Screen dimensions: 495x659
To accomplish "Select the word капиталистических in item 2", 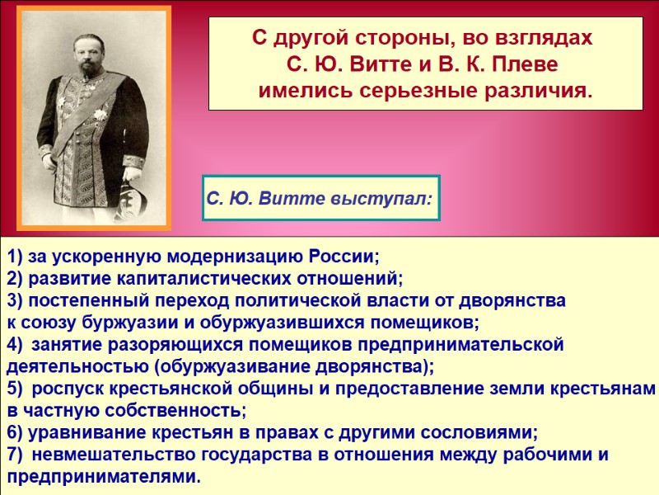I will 189,278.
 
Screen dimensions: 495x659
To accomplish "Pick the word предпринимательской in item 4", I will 463,345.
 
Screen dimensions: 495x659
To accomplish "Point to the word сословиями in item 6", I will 482,432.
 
